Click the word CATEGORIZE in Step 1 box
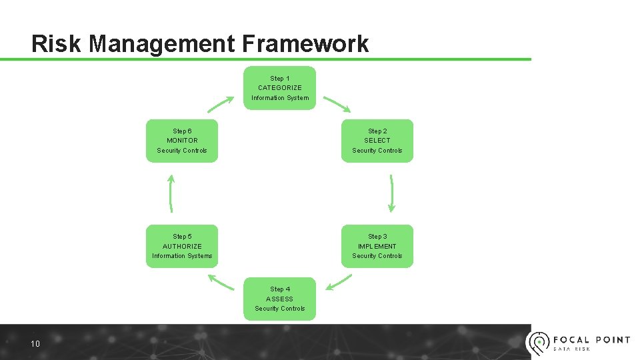coord(280,88)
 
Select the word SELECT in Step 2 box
coord(377,141)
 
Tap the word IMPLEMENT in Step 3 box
coord(377,246)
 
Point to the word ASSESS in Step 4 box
coord(280,299)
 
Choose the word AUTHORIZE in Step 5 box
coord(182,246)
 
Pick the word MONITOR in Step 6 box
coord(182,141)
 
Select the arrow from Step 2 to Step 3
coord(391,193)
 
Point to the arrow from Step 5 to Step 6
coord(171,193)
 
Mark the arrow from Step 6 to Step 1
coord(221,105)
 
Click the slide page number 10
coord(35,344)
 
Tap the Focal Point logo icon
coord(537,343)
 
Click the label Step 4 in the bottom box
coord(280,289)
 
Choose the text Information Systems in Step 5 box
coord(182,256)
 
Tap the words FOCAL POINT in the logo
coord(591,339)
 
